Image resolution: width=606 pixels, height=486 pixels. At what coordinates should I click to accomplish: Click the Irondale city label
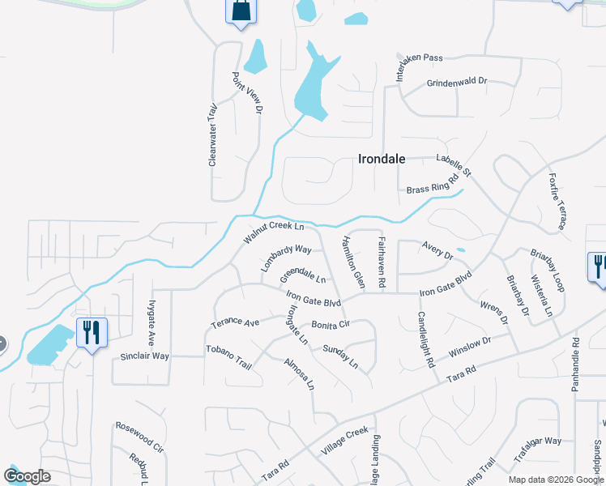tap(381, 160)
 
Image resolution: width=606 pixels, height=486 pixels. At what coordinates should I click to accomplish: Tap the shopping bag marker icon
tap(241, 12)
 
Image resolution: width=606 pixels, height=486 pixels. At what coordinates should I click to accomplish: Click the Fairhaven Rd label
tap(382, 262)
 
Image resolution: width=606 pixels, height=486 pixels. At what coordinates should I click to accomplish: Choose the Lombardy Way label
tap(286, 258)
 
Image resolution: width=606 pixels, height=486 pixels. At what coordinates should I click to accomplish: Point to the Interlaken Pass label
tap(420, 64)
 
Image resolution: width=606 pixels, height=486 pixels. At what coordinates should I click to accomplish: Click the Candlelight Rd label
tap(426, 338)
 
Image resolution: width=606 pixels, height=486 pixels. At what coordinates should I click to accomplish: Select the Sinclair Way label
tap(144, 356)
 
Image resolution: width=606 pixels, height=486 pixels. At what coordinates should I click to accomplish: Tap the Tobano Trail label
tap(229, 360)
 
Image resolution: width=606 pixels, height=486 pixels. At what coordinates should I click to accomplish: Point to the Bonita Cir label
tap(330, 324)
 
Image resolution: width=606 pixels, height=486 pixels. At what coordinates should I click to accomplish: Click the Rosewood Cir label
tap(139, 437)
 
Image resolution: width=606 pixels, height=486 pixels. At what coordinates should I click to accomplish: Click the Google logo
tap(27, 476)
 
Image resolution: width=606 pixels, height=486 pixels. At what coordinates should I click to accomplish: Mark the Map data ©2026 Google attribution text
tap(555, 480)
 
